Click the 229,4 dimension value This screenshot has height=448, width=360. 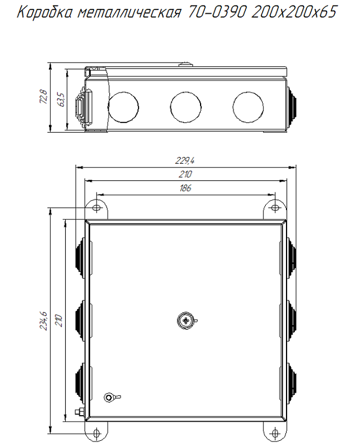[184, 161]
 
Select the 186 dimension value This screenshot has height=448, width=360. [185, 188]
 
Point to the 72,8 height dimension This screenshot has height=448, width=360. [44, 96]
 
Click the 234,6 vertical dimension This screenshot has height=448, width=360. [44, 321]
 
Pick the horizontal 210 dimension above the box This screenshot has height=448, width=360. [185, 174]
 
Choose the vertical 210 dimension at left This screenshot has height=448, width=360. [59, 321]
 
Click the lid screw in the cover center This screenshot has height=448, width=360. [186, 320]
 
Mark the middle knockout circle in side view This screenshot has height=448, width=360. [186, 107]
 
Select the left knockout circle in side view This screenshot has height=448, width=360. [124, 107]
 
